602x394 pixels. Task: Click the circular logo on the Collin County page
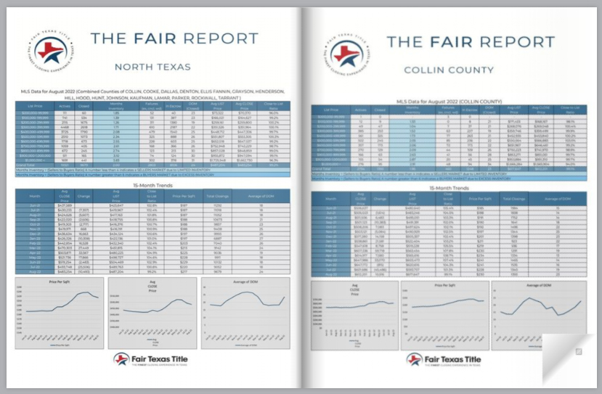coord(349,52)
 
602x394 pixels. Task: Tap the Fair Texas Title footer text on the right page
coord(453,359)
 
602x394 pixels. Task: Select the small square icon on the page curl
coord(578,351)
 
